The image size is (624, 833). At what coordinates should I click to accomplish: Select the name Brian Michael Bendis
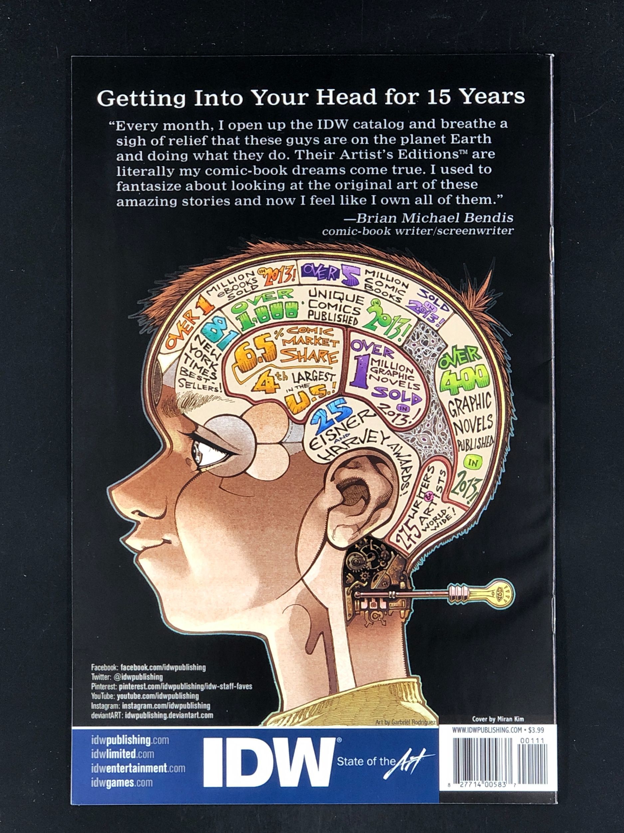tap(434, 218)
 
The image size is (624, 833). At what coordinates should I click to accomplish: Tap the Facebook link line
tap(148, 668)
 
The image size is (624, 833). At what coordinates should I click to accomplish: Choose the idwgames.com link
tap(122, 781)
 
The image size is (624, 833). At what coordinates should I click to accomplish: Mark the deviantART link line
tap(152, 715)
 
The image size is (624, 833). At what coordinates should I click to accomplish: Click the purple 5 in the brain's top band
tap(350, 278)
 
